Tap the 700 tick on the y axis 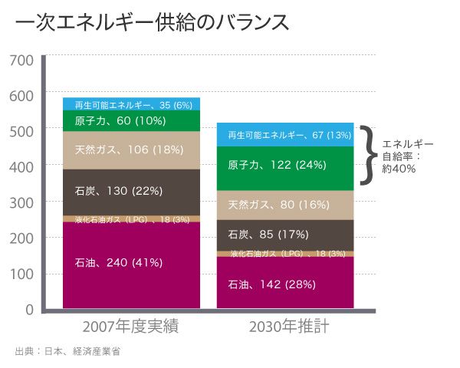21,60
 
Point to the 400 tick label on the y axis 21,166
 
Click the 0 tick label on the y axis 29,310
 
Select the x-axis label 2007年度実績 131,327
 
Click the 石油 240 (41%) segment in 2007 131,263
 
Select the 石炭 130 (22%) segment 131,191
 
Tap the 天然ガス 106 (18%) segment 131,150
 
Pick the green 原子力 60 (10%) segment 131,121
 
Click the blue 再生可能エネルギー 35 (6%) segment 131,104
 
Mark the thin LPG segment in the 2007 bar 131,219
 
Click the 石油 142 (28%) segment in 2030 285,284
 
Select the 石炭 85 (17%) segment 285,234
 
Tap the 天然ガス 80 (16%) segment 285,205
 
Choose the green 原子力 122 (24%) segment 285,166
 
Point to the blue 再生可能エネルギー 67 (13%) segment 285,135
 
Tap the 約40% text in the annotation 399,169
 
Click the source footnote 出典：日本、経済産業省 68,351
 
